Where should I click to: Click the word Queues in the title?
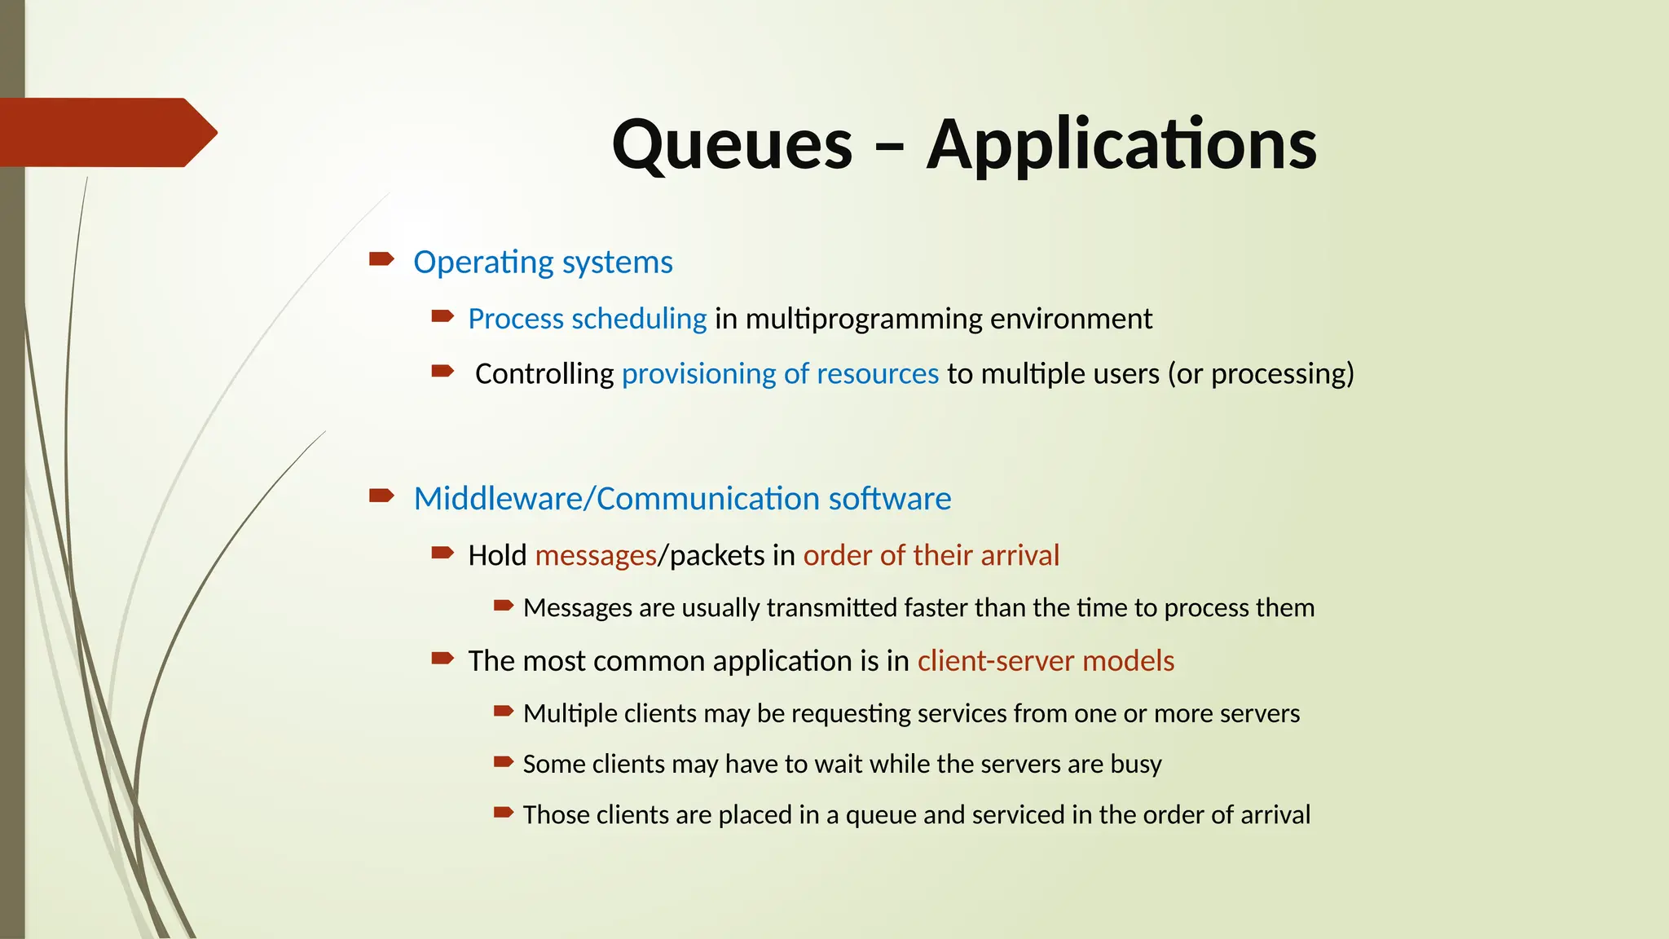click(732, 145)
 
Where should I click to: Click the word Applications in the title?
click(1121, 145)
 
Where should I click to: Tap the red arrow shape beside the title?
click(106, 132)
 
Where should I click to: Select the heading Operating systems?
click(543, 262)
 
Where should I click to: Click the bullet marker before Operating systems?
click(381, 259)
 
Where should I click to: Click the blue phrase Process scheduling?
click(587, 319)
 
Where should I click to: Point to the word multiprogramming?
click(863, 319)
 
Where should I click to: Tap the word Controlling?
click(544, 374)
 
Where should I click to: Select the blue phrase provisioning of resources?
click(780, 374)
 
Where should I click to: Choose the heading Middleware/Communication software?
click(682, 499)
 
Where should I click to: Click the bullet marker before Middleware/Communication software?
click(381, 496)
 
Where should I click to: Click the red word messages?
click(596, 556)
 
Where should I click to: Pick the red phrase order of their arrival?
click(931, 556)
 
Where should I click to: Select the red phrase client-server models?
click(1046, 661)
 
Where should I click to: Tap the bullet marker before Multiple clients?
click(504, 711)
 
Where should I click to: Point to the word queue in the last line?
click(881, 815)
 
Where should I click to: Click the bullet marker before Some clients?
click(504, 762)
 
